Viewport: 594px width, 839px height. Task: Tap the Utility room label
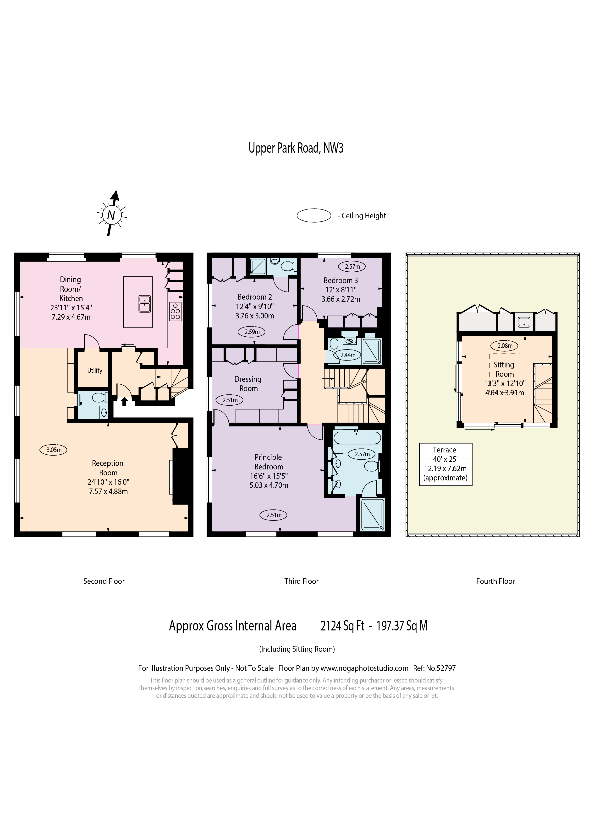pyautogui.click(x=95, y=370)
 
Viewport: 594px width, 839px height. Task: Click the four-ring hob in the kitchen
pyautogui.click(x=176, y=311)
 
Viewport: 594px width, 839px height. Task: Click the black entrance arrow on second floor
pyautogui.click(x=124, y=402)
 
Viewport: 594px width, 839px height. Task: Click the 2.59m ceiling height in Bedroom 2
pyautogui.click(x=252, y=332)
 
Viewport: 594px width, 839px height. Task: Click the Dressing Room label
pyautogui.click(x=248, y=384)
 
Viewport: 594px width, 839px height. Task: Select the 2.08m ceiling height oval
pyautogui.click(x=505, y=345)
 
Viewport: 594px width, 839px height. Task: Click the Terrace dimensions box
pyautogui.click(x=445, y=464)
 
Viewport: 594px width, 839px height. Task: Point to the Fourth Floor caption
pyautogui.click(x=495, y=581)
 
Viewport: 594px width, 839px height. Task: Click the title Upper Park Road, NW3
pyautogui.click(x=296, y=148)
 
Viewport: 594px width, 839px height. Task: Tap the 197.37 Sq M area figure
pyautogui.click(x=402, y=626)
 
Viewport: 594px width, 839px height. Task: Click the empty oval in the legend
pyautogui.click(x=314, y=215)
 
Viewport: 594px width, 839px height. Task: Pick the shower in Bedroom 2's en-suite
pyautogui.click(x=258, y=266)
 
